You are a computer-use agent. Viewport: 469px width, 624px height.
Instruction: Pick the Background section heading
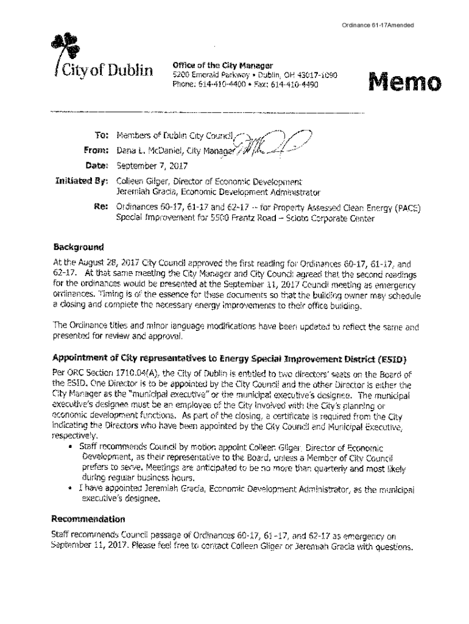tap(78, 247)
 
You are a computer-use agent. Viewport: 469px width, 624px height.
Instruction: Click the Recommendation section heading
tap(88, 519)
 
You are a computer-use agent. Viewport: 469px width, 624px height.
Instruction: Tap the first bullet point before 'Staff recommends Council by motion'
tap(74, 447)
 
